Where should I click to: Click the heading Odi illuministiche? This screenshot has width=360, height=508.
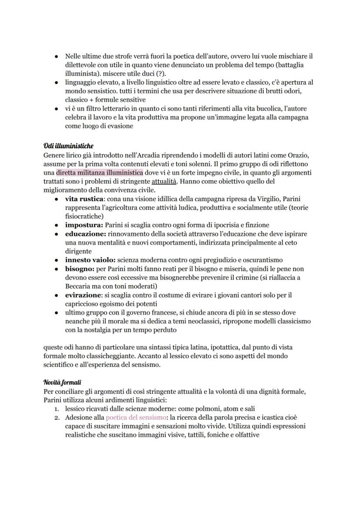[68, 145]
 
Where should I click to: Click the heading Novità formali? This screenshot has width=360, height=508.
[62, 382]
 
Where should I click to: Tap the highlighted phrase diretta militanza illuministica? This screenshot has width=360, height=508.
[100, 173]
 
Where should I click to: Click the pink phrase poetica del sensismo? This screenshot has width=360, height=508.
[132, 418]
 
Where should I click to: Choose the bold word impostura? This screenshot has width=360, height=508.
[84, 225]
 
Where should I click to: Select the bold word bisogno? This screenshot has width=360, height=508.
[80, 269]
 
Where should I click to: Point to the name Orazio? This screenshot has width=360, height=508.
[300, 155]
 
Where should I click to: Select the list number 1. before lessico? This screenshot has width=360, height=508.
[56, 409]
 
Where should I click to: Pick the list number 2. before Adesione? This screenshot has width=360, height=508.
[56, 418]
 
